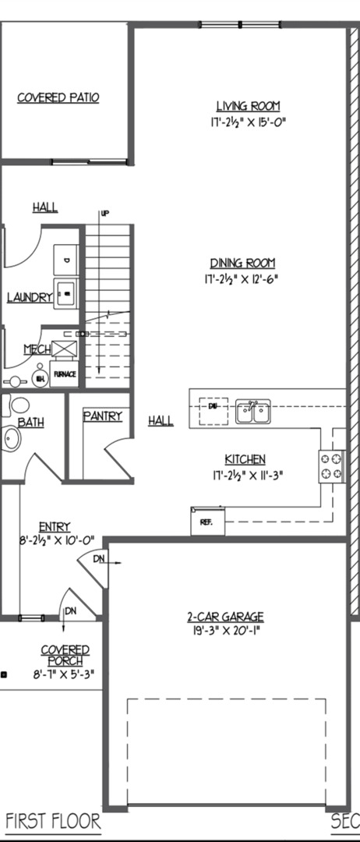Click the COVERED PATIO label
pyautogui.click(x=69, y=97)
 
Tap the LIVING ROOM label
pyautogui.click(x=248, y=106)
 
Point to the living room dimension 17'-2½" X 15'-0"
pyautogui.click(x=248, y=122)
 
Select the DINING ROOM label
pyautogui.click(x=242, y=264)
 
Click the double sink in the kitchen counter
pyautogui.click(x=253, y=411)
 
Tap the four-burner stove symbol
pyautogui.click(x=331, y=466)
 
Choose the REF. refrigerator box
pyautogui.click(x=206, y=521)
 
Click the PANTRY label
pyautogui.click(x=103, y=416)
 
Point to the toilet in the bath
pyautogui.click(x=17, y=405)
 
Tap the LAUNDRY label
pyautogui.click(x=30, y=297)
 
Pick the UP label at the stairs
pyautogui.click(x=104, y=213)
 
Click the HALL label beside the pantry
pyautogui.click(x=161, y=421)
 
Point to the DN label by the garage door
pyautogui.click(x=98, y=559)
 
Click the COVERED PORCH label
pyautogui.click(x=65, y=655)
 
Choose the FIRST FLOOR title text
pyautogui.click(x=53, y=821)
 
